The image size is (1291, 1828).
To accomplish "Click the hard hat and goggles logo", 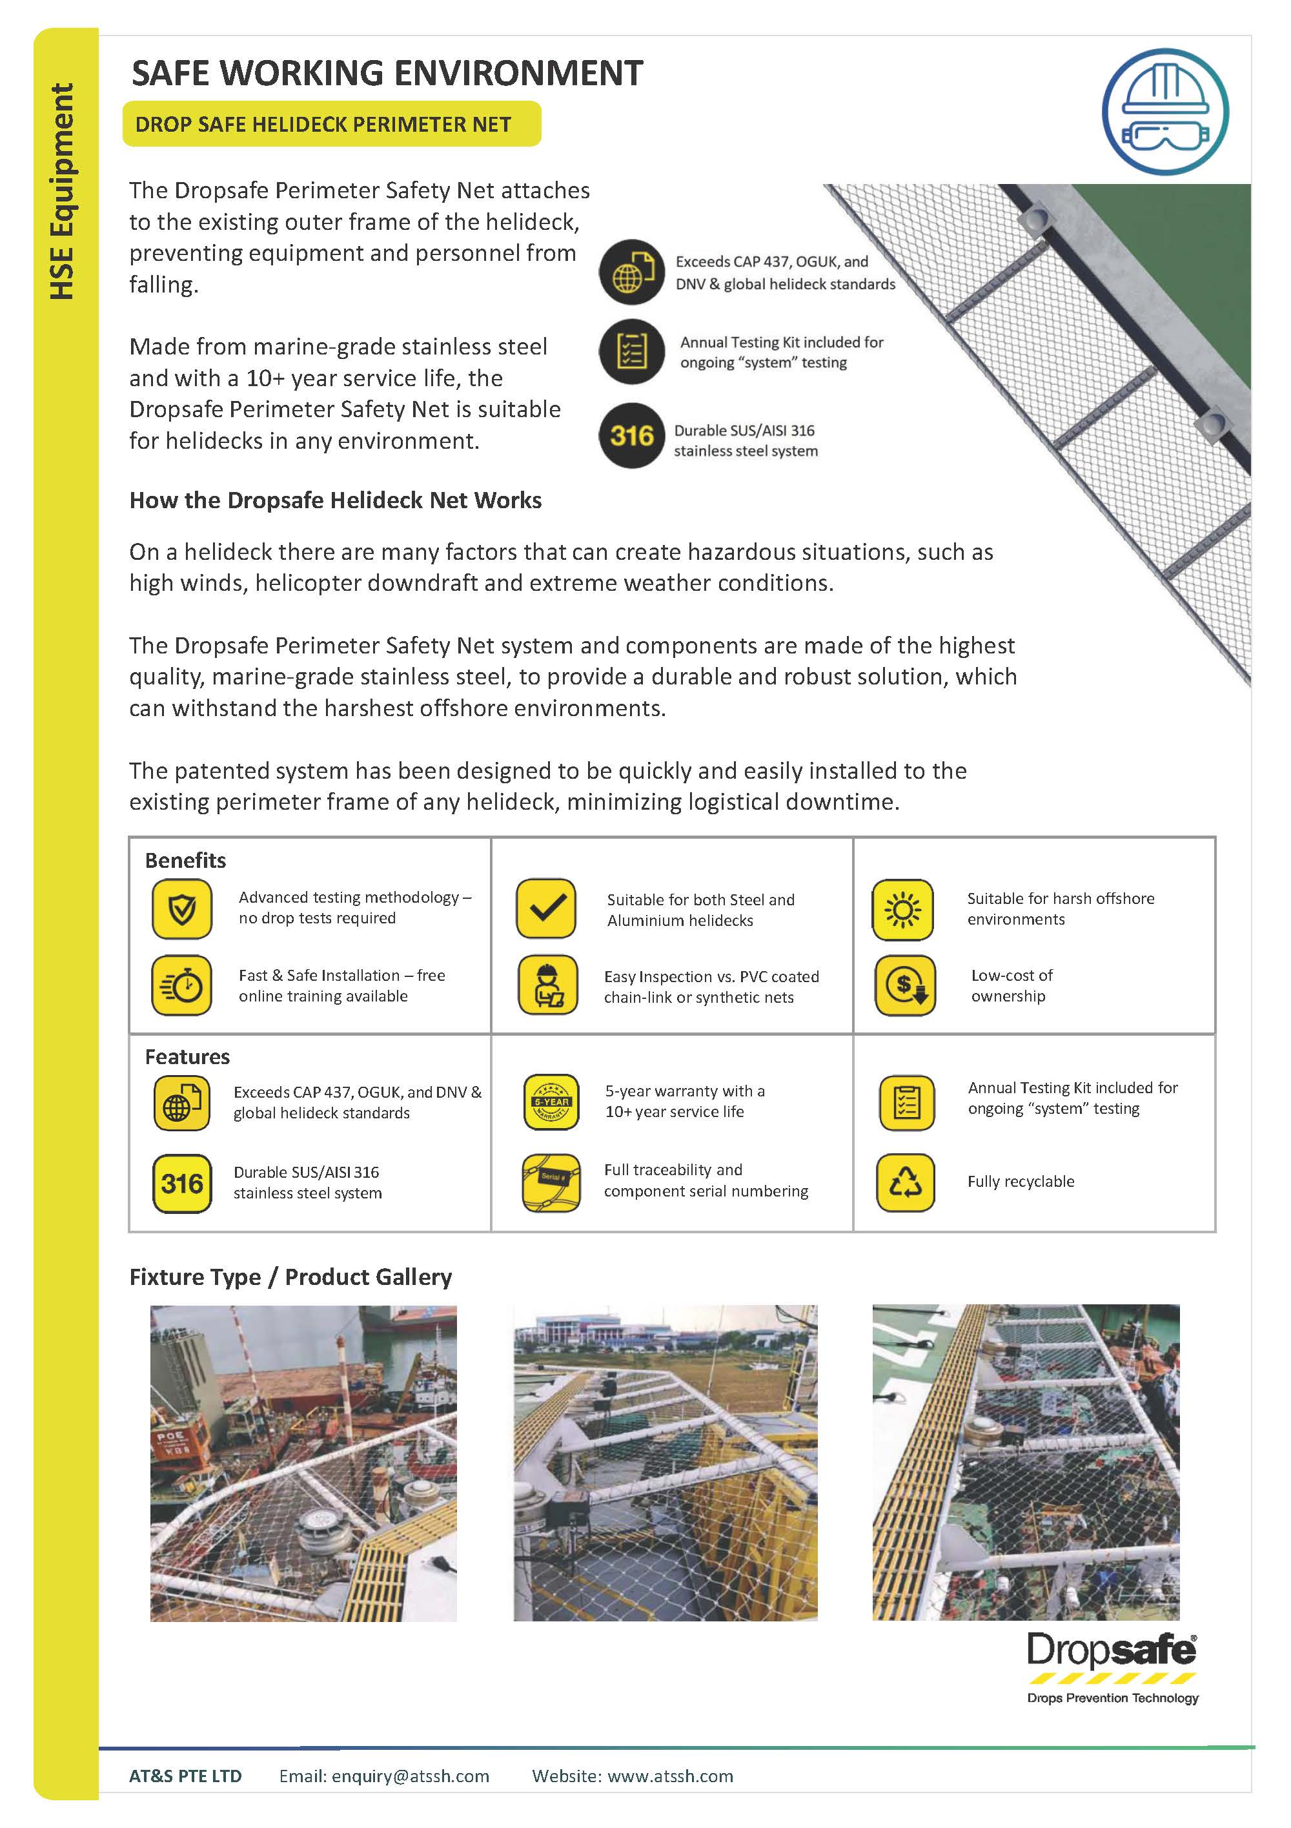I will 1164,112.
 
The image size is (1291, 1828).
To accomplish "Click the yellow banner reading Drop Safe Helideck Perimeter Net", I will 331,124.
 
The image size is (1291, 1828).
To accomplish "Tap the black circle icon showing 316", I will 631,435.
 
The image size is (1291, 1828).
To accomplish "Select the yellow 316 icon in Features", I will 182,1183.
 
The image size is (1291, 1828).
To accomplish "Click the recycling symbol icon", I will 906,1182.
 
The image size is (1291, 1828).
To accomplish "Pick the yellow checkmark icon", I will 546,909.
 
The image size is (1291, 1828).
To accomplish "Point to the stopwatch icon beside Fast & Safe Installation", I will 182,985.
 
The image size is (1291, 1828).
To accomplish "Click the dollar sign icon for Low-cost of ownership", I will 906,985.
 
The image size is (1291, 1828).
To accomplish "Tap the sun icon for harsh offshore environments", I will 902,909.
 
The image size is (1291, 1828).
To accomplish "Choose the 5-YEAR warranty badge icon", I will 551,1102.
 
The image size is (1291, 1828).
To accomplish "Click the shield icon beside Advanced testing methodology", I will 182,909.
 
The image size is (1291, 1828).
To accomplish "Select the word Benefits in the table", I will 185,860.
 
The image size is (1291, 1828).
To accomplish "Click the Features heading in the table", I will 187,1056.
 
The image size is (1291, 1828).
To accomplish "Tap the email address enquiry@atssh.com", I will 410,1776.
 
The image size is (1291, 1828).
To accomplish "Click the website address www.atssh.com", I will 670,1776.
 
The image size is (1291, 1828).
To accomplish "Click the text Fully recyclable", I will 1021,1182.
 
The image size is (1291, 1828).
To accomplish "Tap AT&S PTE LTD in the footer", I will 185,1776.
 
